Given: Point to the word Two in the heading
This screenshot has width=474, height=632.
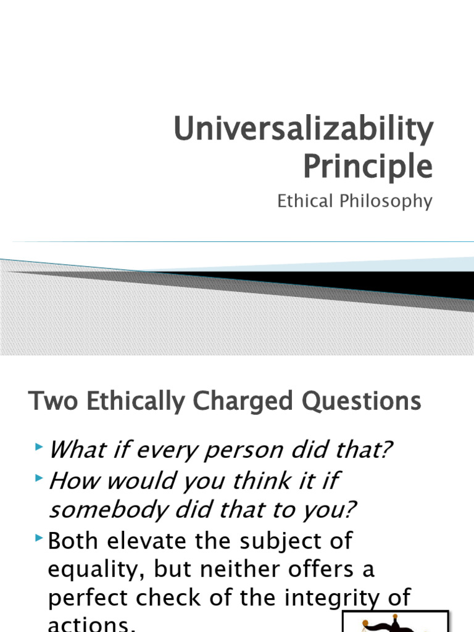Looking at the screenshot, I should pos(46,402).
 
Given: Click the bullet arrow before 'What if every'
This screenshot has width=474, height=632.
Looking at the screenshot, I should pos(40,446).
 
